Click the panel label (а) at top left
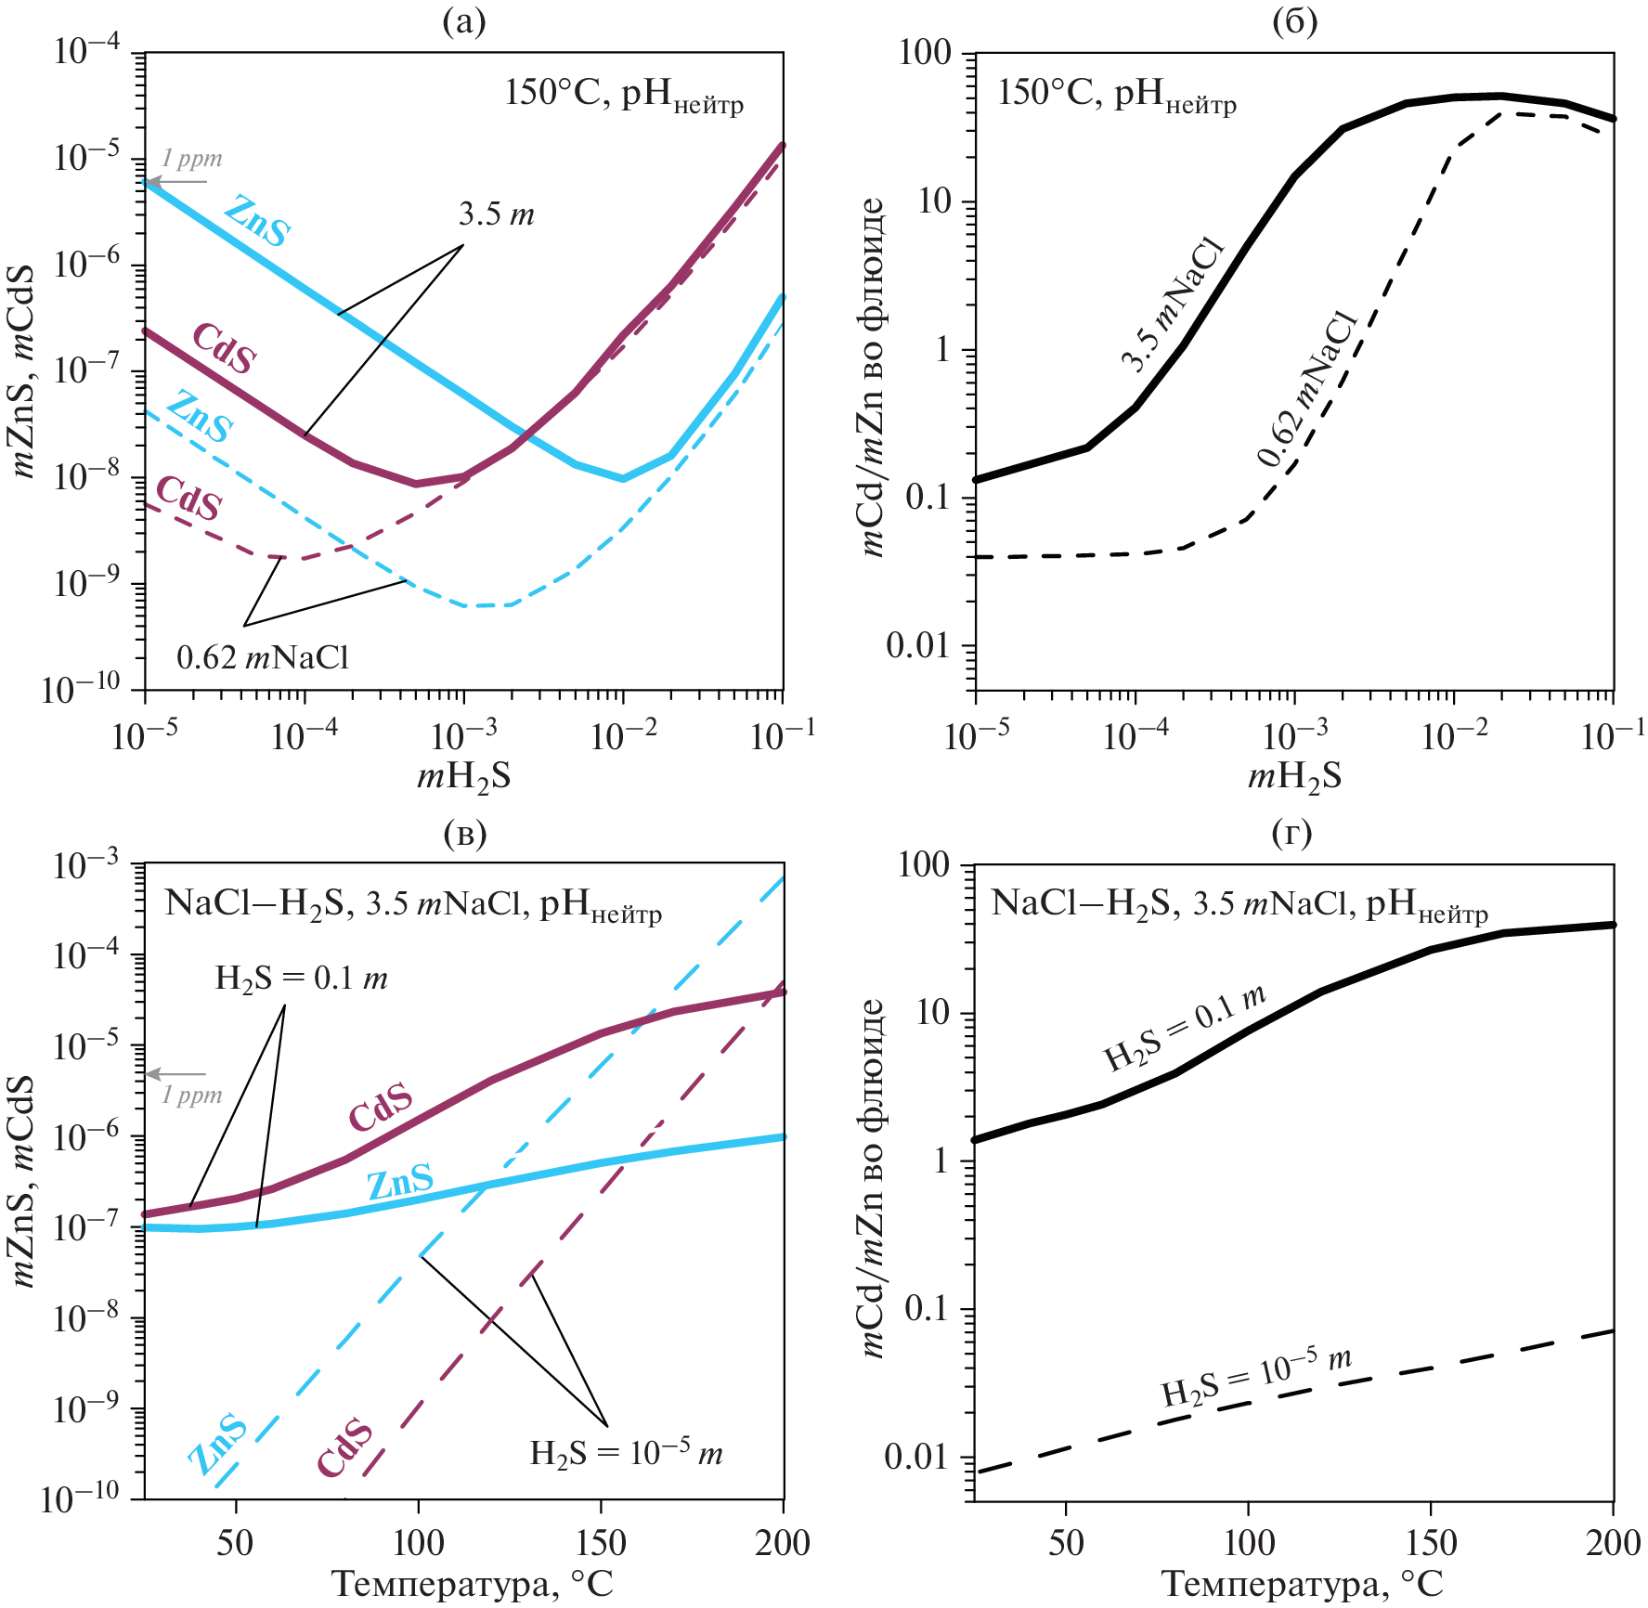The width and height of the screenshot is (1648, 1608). tap(464, 21)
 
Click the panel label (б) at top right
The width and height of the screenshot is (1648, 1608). tap(1295, 21)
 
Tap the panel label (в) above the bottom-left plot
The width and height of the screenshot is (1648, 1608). tap(465, 833)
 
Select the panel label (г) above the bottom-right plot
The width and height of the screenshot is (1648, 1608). tap(1291, 833)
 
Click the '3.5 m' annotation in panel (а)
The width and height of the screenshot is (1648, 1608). tap(496, 215)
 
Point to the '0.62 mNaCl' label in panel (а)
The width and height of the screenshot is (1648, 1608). tap(263, 658)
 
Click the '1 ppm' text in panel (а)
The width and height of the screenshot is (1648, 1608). tap(192, 159)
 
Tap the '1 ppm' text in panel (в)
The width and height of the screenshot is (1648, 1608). tap(192, 1096)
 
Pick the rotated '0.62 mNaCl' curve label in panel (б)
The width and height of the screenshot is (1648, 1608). tap(1308, 389)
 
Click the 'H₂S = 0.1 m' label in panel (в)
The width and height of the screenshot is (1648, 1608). tap(301, 979)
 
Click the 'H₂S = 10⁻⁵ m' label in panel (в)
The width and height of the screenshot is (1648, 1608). tap(626, 1452)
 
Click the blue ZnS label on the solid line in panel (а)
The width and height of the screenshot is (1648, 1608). tap(258, 221)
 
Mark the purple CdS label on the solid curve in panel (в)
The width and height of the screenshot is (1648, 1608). tap(381, 1107)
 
